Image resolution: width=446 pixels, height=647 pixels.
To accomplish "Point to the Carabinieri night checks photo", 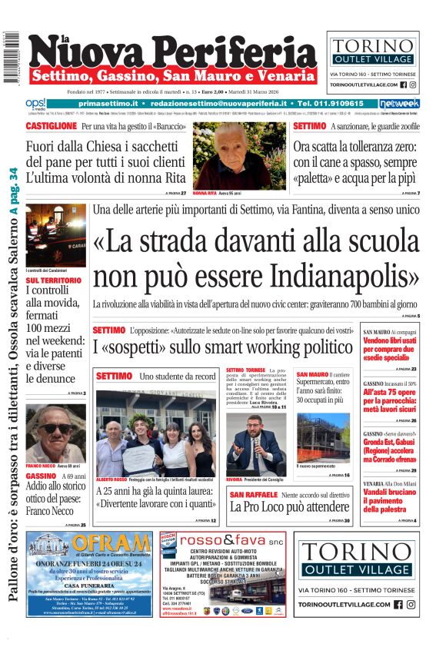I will [x=55, y=235].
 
